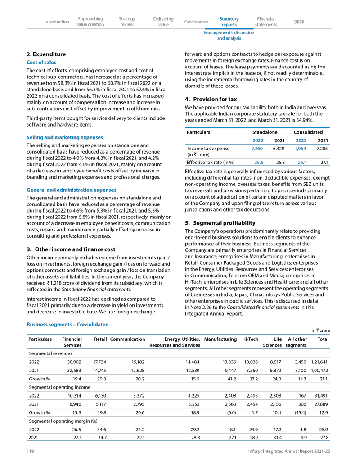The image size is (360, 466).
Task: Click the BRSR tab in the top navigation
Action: click(x=299, y=22)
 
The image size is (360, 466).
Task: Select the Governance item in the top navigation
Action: click(x=196, y=22)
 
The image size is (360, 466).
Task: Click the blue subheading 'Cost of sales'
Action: click(x=41, y=63)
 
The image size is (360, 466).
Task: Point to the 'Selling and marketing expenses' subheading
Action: click(x=65, y=137)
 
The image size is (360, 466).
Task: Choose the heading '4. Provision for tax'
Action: click(x=211, y=99)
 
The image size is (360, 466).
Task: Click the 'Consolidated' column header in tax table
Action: click(x=308, y=132)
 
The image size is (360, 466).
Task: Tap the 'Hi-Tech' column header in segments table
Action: click(x=250, y=339)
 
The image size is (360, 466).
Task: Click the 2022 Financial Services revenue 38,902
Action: click(x=72, y=362)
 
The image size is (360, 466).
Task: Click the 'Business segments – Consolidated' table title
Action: click(x=67, y=324)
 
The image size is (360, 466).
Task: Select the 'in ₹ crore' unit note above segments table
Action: click(x=320, y=331)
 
